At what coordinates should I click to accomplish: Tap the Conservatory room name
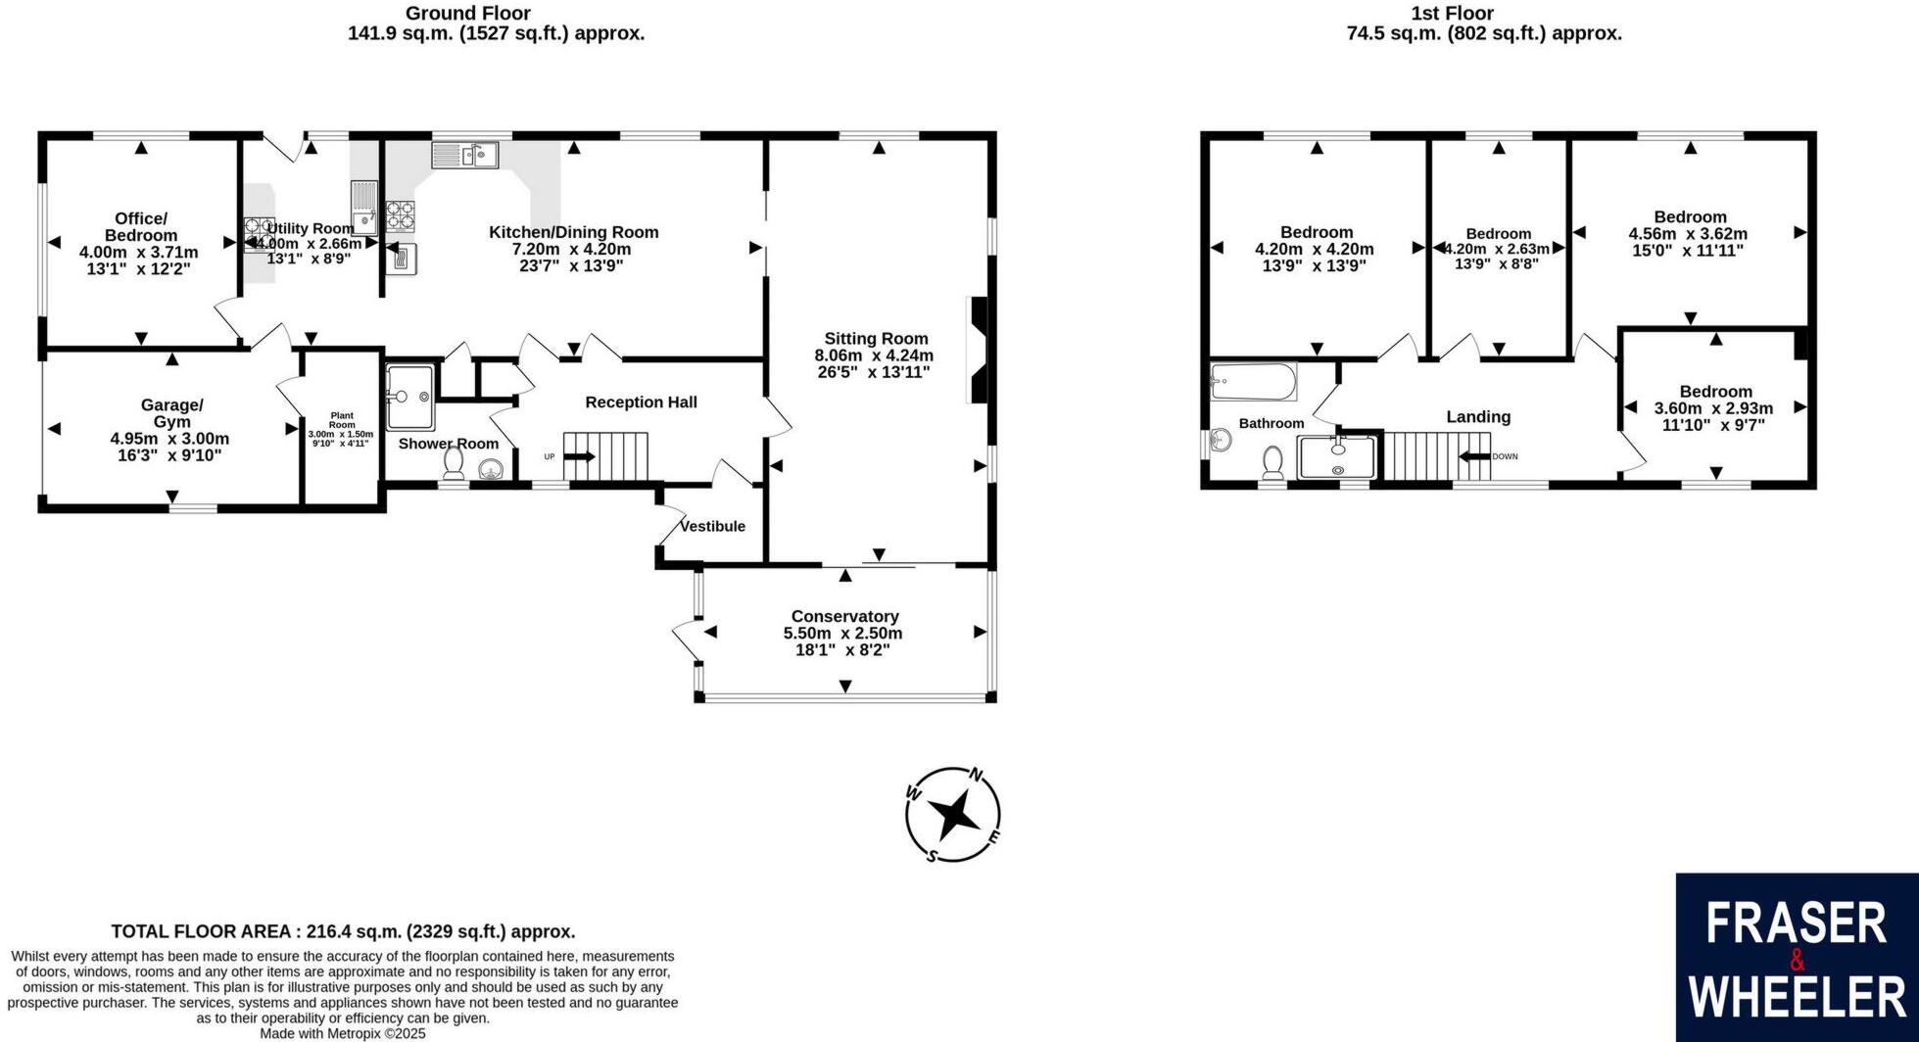[844, 616]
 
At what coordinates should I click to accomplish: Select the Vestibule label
[712, 526]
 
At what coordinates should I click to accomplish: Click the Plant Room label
[341, 420]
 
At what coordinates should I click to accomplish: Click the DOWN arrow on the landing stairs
[1474, 456]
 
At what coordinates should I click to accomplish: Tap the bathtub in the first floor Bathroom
[1253, 382]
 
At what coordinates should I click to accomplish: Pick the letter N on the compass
[976, 776]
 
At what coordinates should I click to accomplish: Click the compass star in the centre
[952, 814]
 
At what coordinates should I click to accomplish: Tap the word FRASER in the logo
[1796, 924]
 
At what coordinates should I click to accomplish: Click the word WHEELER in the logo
[1798, 997]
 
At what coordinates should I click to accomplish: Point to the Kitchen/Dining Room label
[573, 232]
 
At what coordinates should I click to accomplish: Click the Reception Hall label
[641, 402]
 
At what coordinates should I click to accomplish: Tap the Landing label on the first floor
[1478, 416]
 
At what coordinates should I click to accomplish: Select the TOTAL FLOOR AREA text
[343, 931]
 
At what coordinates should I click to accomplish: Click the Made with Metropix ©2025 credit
[342, 1033]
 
